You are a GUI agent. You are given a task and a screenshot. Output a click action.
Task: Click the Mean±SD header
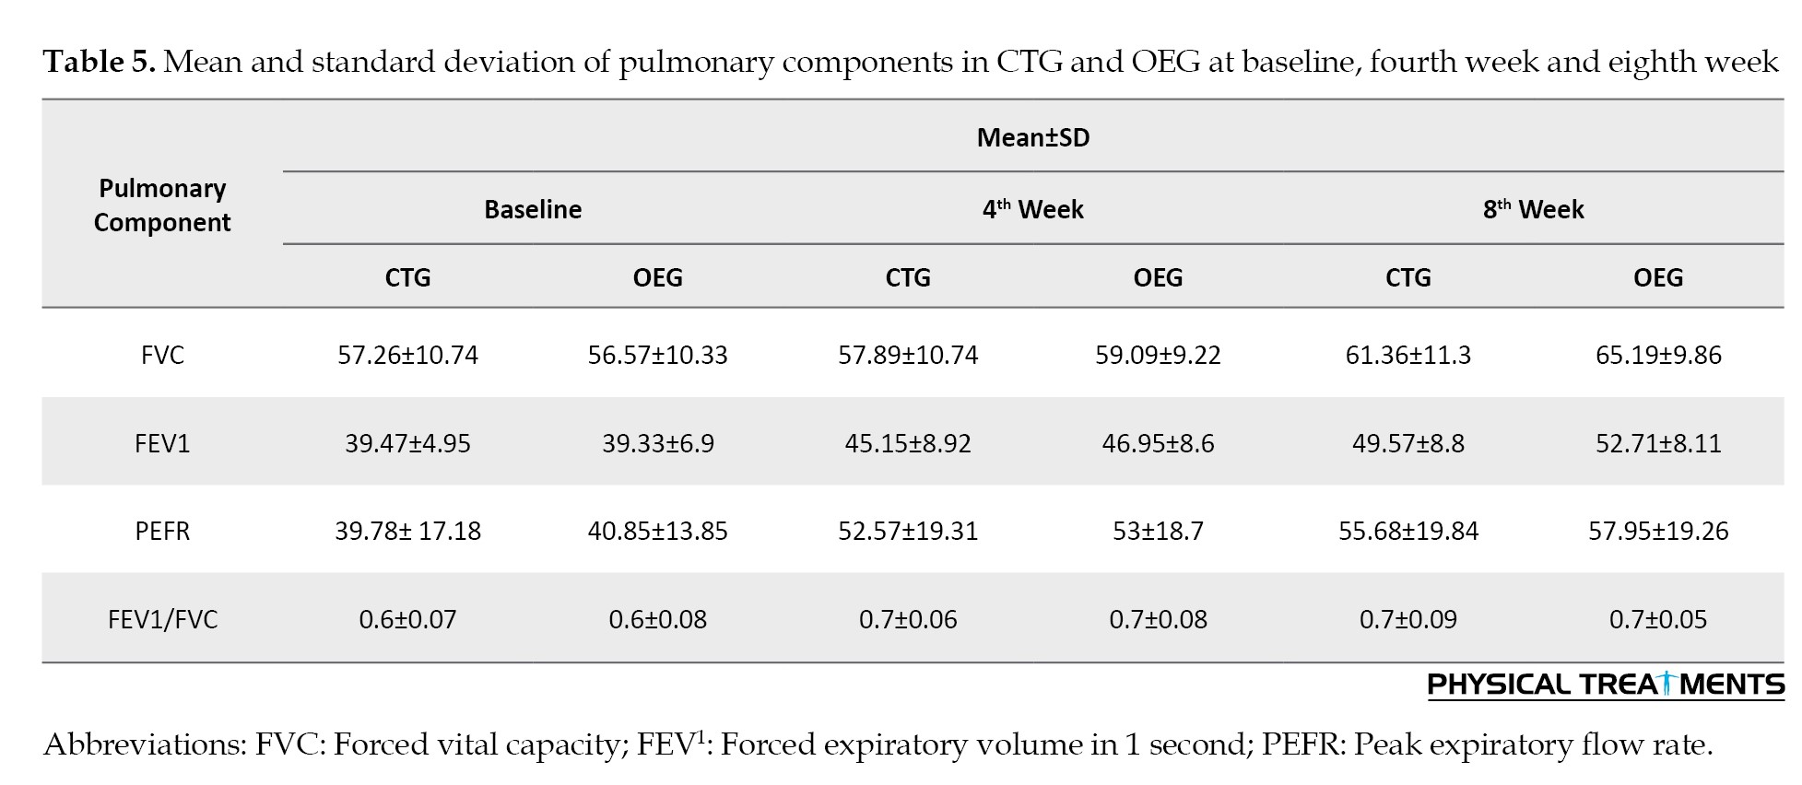click(x=1032, y=137)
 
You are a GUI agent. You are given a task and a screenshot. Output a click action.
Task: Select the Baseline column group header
click(x=533, y=209)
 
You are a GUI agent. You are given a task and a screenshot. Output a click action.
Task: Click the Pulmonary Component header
click(x=162, y=205)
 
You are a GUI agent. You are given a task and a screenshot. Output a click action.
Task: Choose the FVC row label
click(x=162, y=355)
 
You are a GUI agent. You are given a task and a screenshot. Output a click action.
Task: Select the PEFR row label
click(x=162, y=531)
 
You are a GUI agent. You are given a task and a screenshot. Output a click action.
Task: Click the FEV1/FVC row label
click(x=162, y=618)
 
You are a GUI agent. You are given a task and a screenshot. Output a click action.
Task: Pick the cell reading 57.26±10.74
click(x=407, y=355)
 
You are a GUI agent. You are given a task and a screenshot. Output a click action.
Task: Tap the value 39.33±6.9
click(x=657, y=443)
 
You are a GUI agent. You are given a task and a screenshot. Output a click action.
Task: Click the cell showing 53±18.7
click(x=1158, y=531)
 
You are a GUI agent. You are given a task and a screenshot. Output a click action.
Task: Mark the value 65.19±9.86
click(x=1658, y=355)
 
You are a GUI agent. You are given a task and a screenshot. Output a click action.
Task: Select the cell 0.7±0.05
click(x=1658, y=618)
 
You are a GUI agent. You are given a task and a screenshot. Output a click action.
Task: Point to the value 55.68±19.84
click(x=1408, y=531)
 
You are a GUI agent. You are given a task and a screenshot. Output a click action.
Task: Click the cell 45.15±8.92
click(x=908, y=443)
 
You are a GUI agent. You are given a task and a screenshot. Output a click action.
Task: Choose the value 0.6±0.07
click(x=407, y=618)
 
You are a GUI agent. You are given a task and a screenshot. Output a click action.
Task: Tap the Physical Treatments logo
click(x=1606, y=685)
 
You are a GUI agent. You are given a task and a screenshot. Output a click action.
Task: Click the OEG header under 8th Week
click(x=1658, y=277)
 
